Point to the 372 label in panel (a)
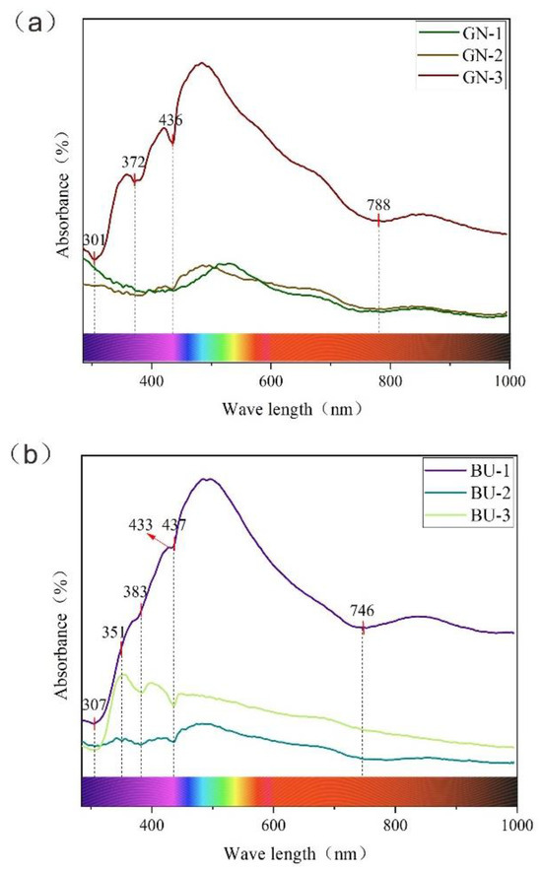tap(133, 163)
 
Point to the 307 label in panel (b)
tap(94, 704)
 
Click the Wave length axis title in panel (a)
tap(296, 407)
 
